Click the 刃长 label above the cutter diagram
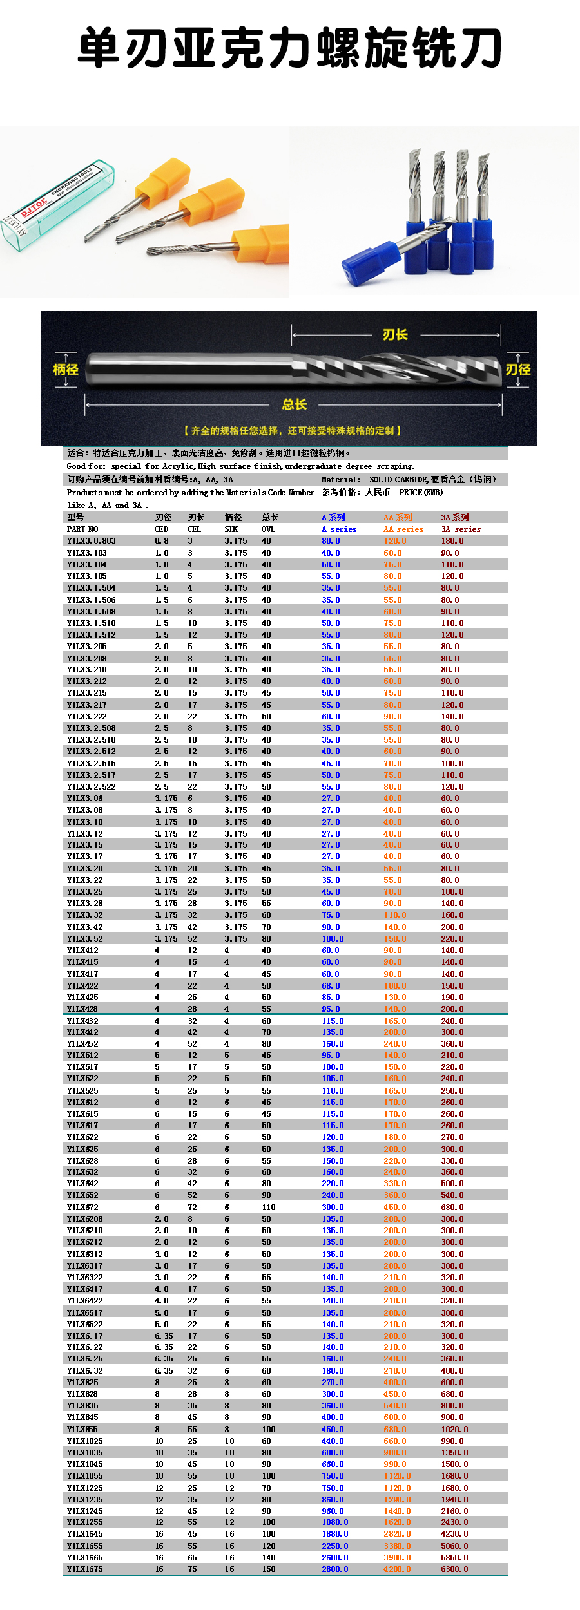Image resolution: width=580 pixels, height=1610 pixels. (395, 335)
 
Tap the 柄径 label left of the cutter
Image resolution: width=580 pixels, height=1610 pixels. (66, 369)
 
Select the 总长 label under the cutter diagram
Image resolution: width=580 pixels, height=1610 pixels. (295, 404)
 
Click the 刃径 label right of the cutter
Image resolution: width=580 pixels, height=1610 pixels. (517, 369)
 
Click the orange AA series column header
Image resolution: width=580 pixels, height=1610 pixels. (403, 529)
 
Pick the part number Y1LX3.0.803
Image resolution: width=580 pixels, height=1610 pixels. (92, 541)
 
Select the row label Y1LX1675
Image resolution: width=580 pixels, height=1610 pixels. (85, 1569)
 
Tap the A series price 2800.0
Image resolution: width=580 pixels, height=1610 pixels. (335, 1569)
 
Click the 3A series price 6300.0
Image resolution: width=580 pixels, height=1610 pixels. (454, 1569)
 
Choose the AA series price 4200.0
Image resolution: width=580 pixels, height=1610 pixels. (397, 1569)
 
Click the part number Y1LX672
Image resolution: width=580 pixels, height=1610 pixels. (83, 1207)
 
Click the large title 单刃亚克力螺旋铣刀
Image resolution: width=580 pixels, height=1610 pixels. (290, 48)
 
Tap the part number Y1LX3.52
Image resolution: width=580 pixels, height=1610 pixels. (85, 939)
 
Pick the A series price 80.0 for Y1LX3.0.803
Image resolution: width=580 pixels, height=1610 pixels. (330, 541)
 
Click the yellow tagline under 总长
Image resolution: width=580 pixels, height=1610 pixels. (293, 430)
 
